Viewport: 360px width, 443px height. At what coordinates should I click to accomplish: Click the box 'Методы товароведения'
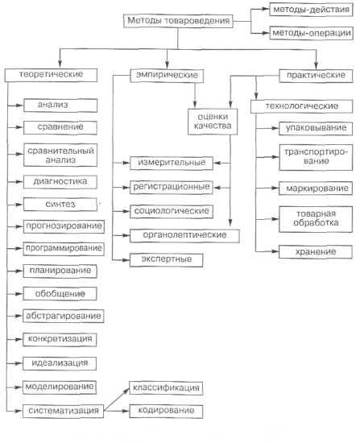(x=178, y=21)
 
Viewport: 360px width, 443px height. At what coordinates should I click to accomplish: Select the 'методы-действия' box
(x=311, y=10)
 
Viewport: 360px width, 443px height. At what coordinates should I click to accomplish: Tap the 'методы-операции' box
(x=312, y=33)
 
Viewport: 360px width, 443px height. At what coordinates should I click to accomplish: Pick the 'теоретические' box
(x=51, y=75)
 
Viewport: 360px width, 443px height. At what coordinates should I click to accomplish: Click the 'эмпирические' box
(x=167, y=76)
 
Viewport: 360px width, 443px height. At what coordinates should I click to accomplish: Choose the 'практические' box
(x=316, y=76)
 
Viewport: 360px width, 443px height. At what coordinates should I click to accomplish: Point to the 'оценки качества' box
(x=213, y=122)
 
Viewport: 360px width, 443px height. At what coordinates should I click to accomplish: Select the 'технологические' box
(x=302, y=106)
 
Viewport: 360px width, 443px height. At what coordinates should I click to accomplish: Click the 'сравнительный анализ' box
(x=60, y=155)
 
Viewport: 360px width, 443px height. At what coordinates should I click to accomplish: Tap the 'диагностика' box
(x=60, y=182)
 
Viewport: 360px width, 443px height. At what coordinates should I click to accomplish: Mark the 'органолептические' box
(x=184, y=236)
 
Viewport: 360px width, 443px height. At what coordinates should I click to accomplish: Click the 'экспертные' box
(x=167, y=260)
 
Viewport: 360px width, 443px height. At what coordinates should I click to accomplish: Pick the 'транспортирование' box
(x=316, y=157)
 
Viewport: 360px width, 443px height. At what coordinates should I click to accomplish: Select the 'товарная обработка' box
(x=316, y=219)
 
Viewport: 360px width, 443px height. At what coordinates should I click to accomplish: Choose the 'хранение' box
(x=316, y=252)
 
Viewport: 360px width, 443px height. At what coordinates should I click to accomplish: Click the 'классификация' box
(x=166, y=388)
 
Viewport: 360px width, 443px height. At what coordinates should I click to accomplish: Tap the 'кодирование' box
(x=166, y=411)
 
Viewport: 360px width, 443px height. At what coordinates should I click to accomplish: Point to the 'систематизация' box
(x=63, y=411)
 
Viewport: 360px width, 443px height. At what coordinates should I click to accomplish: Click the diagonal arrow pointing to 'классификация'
(x=117, y=400)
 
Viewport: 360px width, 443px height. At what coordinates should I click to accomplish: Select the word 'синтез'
(x=60, y=204)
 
